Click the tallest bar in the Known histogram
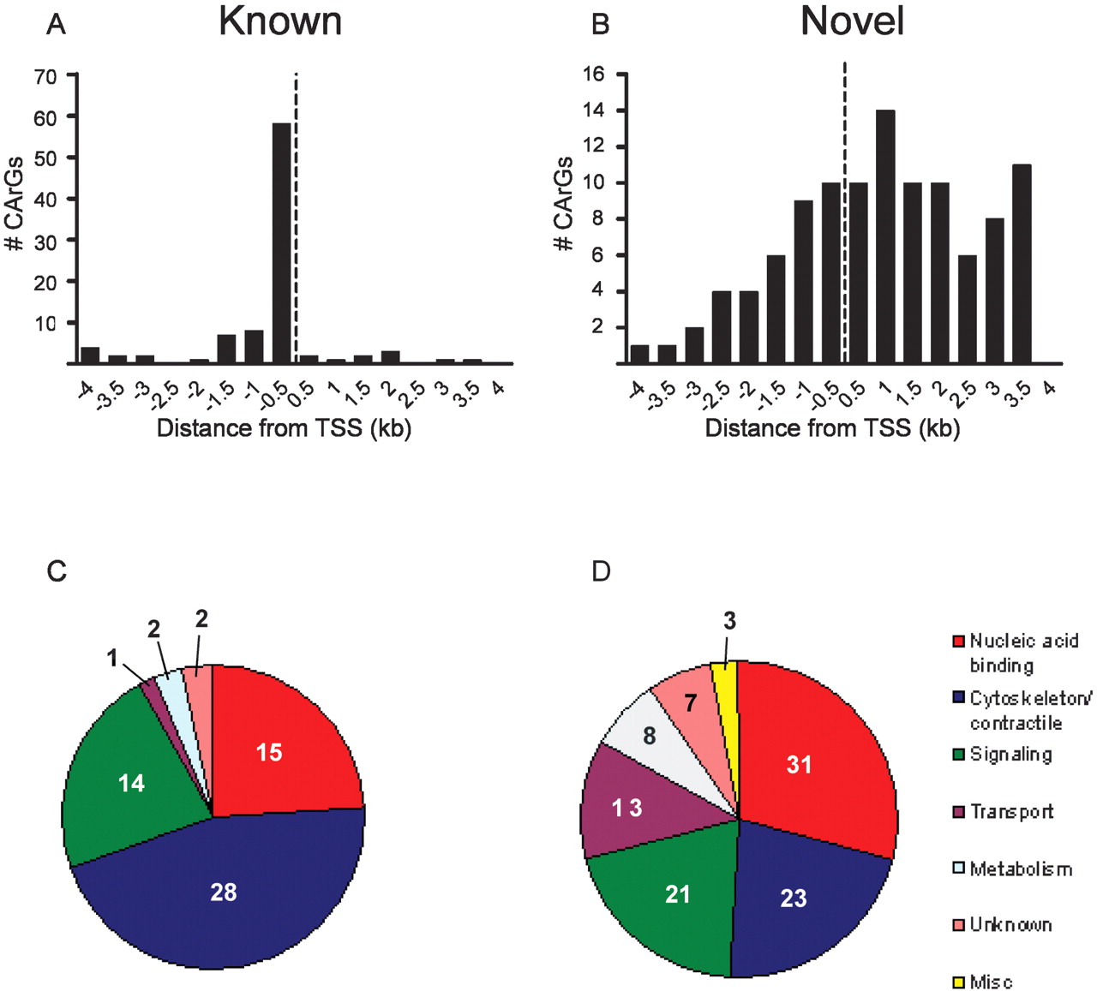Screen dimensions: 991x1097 coord(282,243)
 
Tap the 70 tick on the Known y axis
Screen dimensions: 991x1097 coord(45,76)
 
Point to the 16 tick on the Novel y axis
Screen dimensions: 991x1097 coord(593,75)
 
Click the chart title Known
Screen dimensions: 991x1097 coord(280,22)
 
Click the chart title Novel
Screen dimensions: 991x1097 coord(852,22)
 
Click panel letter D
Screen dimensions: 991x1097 coord(601,571)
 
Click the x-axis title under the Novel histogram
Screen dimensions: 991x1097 coord(832,427)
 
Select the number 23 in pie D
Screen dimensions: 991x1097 coord(794,898)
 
